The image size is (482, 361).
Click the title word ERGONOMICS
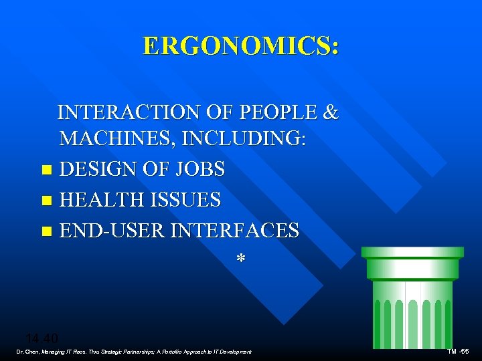(x=239, y=45)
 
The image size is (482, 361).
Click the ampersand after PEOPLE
(x=331, y=112)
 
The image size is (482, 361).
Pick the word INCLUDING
(x=248, y=139)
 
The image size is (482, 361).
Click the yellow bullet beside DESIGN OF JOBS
(x=46, y=170)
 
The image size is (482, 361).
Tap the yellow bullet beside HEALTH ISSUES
(x=46, y=201)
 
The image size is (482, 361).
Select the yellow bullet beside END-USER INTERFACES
(x=46, y=231)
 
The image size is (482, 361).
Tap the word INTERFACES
(x=235, y=231)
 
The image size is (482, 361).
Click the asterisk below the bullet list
(x=240, y=259)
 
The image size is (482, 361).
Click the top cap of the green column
(x=412, y=252)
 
